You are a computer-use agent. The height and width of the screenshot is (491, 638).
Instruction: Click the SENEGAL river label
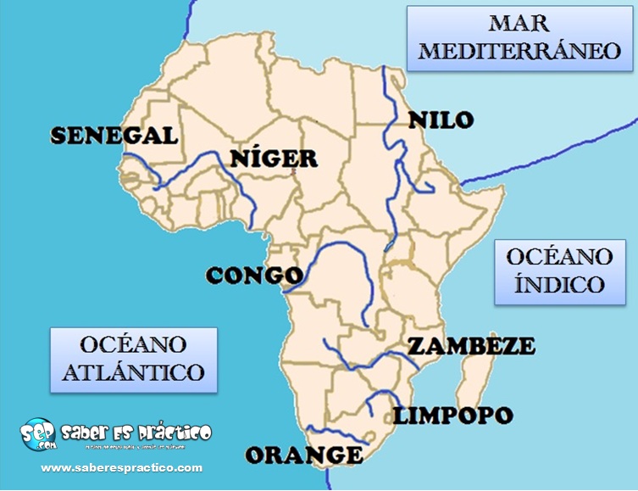coord(114,136)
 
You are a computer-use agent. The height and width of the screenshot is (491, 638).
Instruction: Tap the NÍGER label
coord(274,158)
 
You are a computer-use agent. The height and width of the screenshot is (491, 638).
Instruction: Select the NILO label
coord(440,120)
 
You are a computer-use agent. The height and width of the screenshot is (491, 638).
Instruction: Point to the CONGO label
coord(253,276)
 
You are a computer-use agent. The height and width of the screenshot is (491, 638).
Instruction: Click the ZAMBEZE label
coord(471,346)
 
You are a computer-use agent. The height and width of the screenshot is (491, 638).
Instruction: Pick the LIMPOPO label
coord(452,416)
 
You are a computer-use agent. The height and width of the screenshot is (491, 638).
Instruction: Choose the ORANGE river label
coord(304,455)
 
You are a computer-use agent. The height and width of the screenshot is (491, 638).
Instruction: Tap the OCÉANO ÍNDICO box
coord(558,270)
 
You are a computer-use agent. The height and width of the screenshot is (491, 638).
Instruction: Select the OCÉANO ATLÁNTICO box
coord(133,359)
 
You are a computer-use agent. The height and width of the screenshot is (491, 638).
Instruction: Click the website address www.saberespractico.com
coord(122,467)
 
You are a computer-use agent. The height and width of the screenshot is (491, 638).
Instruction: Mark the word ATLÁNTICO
coord(133,371)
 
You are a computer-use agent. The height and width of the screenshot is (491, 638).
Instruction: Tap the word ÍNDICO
coord(558,283)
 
